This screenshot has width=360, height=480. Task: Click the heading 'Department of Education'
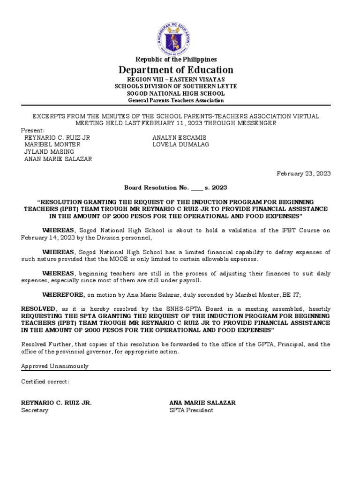(x=176, y=70)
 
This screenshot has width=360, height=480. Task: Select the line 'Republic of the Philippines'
(x=176, y=59)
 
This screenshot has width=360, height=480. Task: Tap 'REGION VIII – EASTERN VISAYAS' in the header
(x=176, y=80)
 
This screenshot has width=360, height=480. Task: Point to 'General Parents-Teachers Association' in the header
(x=176, y=100)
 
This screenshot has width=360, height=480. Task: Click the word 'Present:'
(x=33, y=130)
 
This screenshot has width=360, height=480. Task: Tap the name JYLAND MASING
(x=49, y=151)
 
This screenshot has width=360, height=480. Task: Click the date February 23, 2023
(x=303, y=173)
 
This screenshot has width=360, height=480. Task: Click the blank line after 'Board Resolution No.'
(x=197, y=188)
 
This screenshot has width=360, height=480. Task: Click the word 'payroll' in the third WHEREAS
(x=189, y=281)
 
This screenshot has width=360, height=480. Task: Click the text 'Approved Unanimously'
(x=54, y=366)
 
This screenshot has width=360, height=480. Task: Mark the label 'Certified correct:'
(x=45, y=381)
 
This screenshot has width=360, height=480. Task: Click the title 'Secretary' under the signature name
(x=35, y=410)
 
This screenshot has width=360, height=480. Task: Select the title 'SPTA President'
(x=191, y=410)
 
